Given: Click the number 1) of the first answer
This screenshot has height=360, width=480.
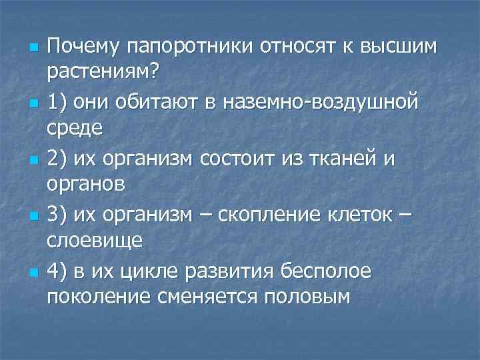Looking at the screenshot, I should (x=58, y=103).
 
